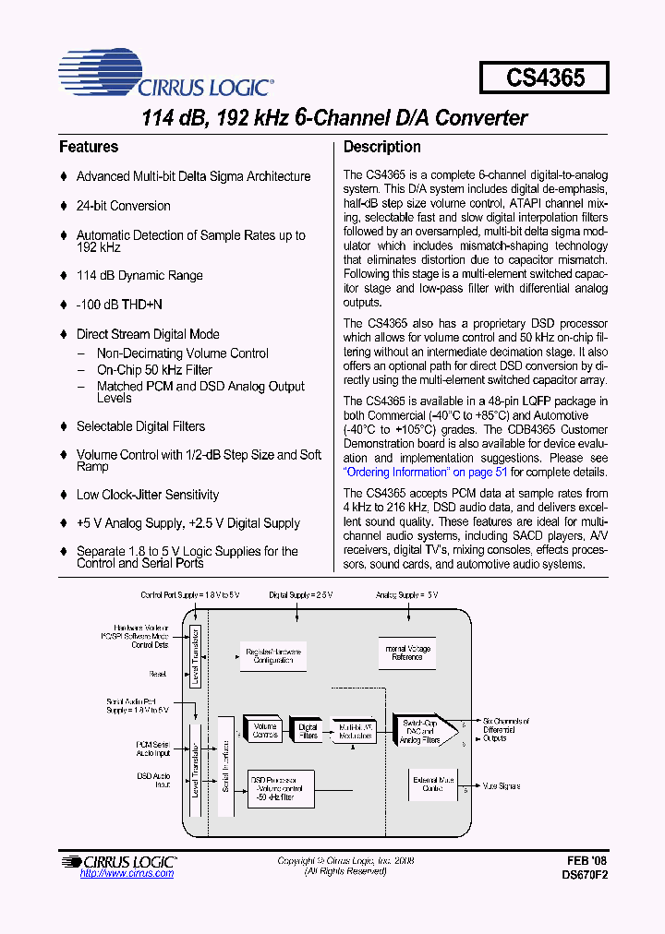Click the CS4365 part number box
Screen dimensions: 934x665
[544, 78]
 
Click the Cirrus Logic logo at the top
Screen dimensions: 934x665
[166, 76]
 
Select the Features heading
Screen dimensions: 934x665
[89, 147]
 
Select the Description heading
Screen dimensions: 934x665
[381, 147]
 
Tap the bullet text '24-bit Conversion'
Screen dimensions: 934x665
[123, 206]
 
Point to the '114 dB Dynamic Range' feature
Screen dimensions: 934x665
[139, 275]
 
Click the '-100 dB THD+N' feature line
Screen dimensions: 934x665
[119, 305]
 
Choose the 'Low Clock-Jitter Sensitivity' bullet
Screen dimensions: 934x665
[147, 495]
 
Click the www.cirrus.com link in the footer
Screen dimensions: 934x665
[127, 873]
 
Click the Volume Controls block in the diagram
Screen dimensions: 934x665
[264, 730]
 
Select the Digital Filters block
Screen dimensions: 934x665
[308, 730]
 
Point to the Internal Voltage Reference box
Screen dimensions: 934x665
[408, 653]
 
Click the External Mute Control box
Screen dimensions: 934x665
[432, 784]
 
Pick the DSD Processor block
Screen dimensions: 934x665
[282, 790]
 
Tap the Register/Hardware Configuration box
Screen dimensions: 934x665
[271, 657]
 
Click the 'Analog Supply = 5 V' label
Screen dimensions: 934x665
[408, 595]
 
